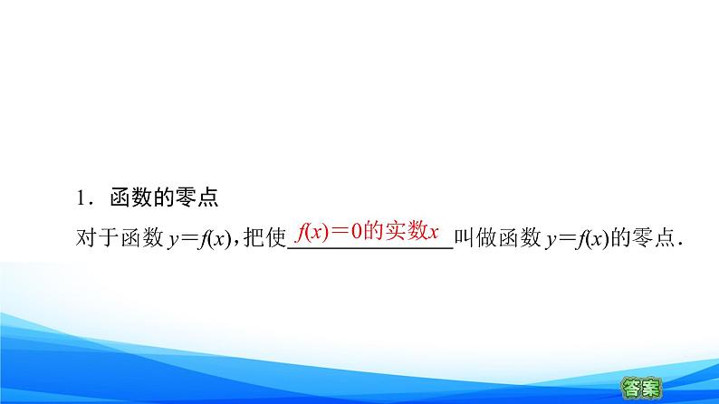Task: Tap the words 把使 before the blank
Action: point(264,237)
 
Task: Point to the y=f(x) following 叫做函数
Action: point(582,237)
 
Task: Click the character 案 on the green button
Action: point(652,386)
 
